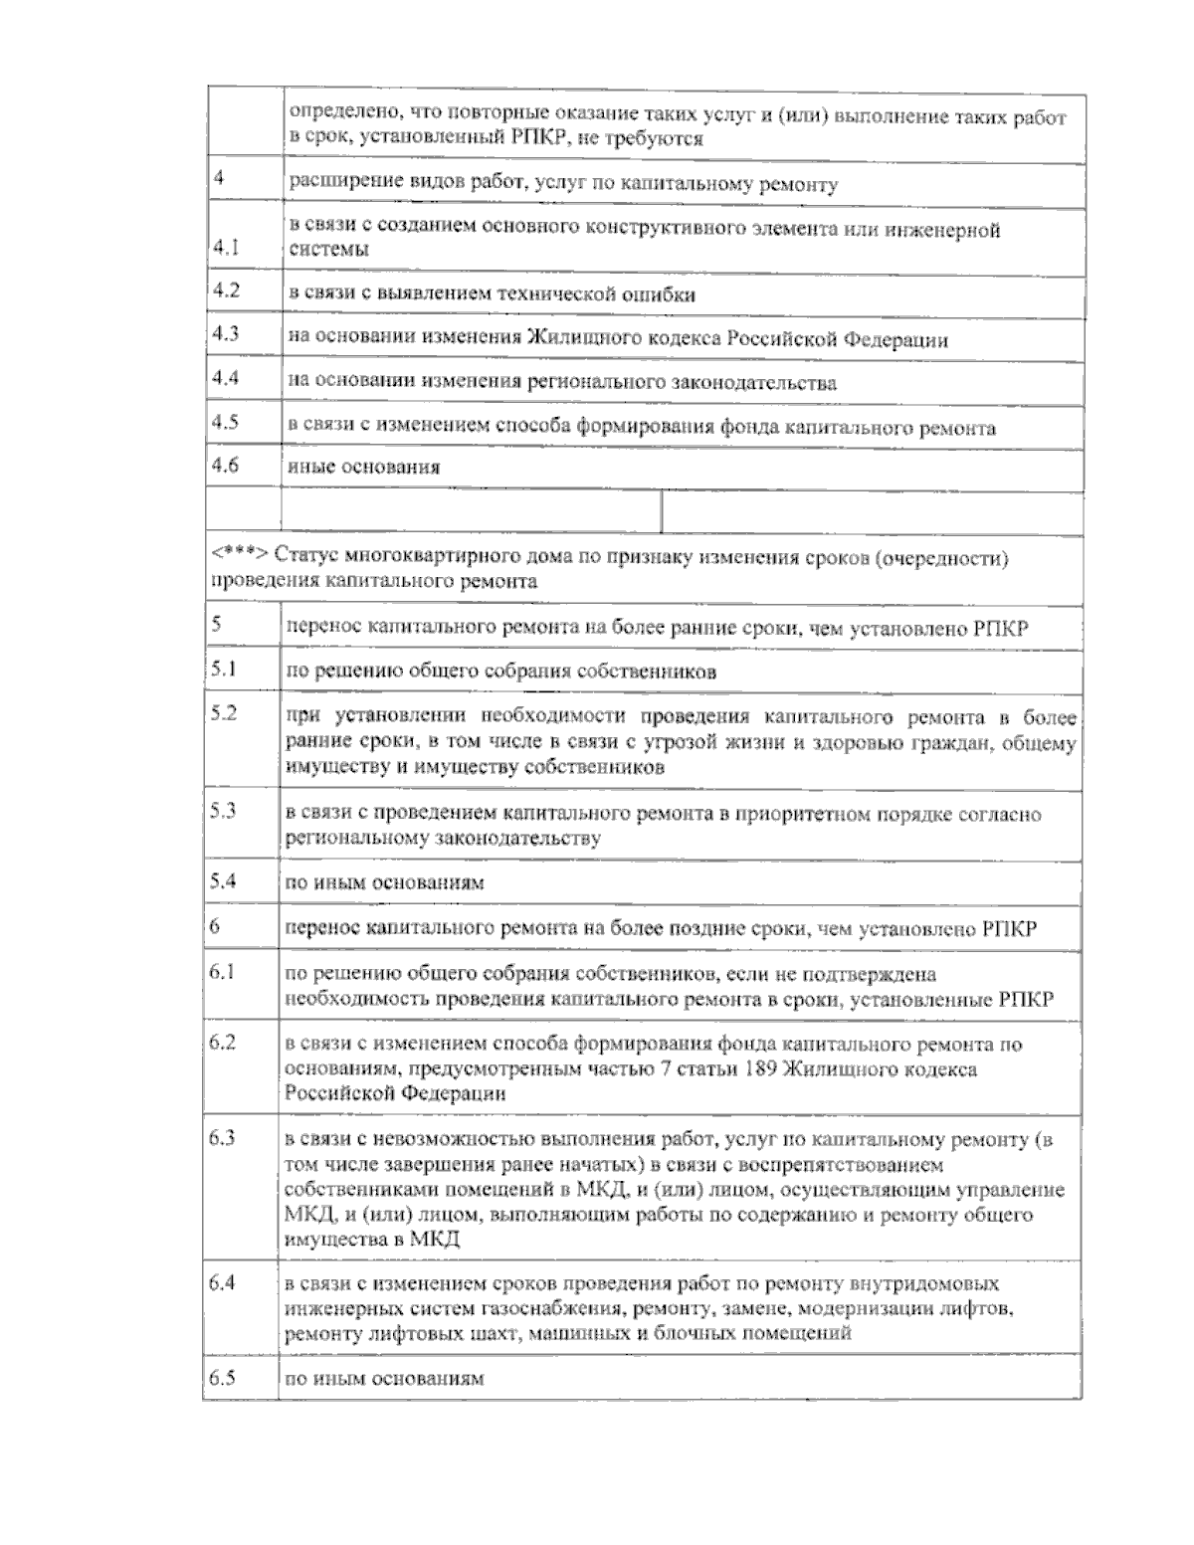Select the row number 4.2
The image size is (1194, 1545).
point(226,290)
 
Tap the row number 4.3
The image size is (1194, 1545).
point(226,334)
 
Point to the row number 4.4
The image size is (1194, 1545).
point(226,378)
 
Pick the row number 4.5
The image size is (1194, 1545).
point(226,422)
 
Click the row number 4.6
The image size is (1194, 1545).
point(226,465)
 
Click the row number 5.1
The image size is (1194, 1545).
point(223,669)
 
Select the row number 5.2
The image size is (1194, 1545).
point(224,714)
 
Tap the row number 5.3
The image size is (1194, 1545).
point(224,811)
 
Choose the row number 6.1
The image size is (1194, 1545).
point(222,972)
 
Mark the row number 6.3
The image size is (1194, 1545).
point(223,1138)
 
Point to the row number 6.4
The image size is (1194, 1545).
point(223,1283)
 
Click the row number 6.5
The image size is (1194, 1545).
point(223,1379)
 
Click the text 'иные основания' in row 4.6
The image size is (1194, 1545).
point(364,467)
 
